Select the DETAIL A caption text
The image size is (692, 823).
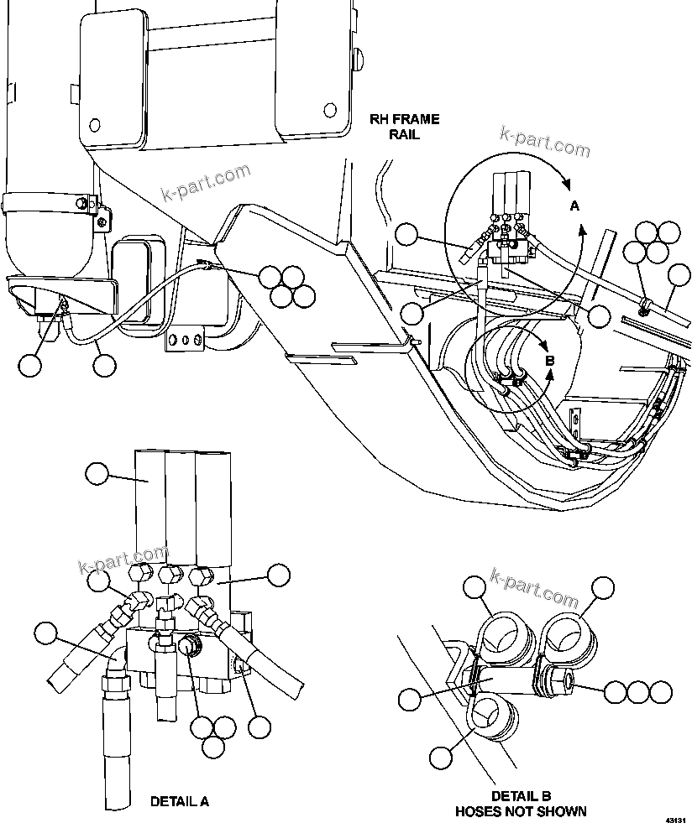pyautogui.click(x=179, y=801)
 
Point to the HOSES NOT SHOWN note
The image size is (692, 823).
pyautogui.click(x=521, y=810)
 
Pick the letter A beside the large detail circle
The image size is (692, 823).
pyautogui.click(x=574, y=206)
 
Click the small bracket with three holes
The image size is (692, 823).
pyautogui.click(x=186, y=340)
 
